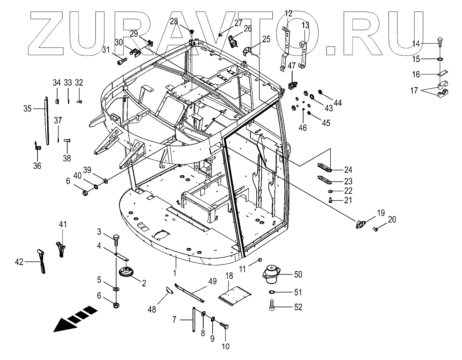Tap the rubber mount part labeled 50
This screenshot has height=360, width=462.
click(271, 274)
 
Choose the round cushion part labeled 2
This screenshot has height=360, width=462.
click(126, 273)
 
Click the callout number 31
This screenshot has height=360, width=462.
click(107, 50)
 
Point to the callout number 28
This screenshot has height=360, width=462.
click(174, 21)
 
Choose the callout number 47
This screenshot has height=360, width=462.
click(292, 65)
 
